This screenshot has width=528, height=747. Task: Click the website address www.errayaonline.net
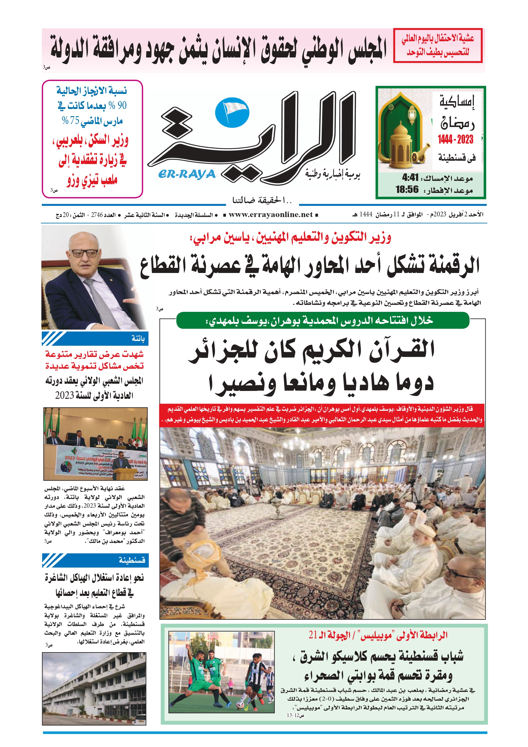pyautogui.click(x=270, y=215)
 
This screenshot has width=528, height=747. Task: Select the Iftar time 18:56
pyautogui.click(x=407, y=189)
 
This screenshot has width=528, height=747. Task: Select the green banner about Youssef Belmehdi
pyautogui.click(x=323, y=321)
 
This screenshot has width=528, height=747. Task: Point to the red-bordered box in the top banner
pyautogui.click(x=437, y=45)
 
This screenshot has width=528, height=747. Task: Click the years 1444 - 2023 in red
pyautogui.click(x=455, y=140)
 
